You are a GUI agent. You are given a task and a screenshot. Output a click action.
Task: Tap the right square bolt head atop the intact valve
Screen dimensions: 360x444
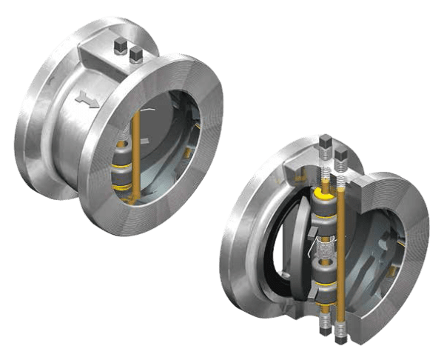135,54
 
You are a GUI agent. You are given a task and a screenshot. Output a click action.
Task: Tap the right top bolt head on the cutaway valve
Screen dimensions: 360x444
342,154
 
